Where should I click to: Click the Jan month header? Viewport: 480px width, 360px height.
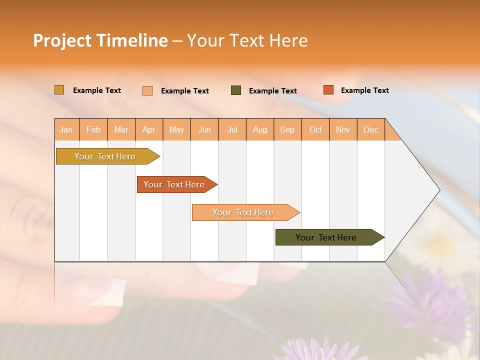coord(66,129)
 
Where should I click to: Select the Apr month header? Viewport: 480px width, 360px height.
coord(148,129)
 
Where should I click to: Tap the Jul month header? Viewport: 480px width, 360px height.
coord(232,129)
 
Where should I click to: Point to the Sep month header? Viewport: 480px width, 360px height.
coord(287,129)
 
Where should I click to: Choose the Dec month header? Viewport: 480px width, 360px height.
coord(370,129)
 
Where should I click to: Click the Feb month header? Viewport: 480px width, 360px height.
coord(93,129)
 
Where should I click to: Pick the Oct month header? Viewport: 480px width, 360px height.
coord(315,129)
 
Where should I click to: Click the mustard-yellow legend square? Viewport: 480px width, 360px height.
coord(59,90)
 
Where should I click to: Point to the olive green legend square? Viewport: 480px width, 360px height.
coord(236,90)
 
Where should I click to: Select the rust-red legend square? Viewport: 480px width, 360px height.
coord(328,90)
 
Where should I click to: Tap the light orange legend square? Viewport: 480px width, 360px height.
coord(147,90)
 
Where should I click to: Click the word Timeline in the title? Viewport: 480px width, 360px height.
coord(131,40)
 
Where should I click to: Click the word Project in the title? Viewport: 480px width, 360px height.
coord(62,41)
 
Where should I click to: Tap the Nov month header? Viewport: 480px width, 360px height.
coord(342,129)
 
